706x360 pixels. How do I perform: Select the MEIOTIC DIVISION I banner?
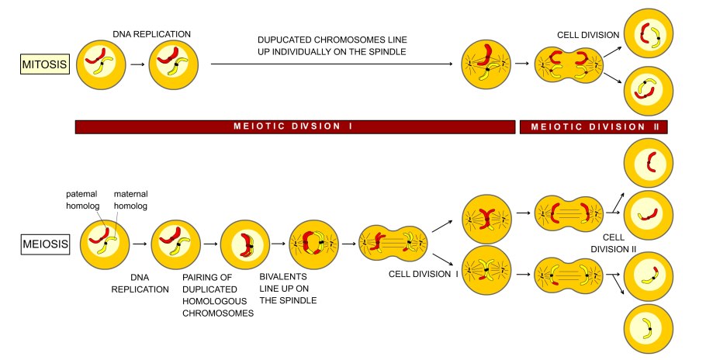pos(295,126)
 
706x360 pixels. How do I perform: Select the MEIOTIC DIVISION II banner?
pos(593,126)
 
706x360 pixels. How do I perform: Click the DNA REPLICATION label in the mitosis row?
pos(151,33)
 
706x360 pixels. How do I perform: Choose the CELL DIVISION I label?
pos(422,275)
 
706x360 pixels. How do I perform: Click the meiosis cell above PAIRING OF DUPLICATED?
pos(244,245)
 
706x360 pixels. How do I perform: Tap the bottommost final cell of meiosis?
pos(648,328)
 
